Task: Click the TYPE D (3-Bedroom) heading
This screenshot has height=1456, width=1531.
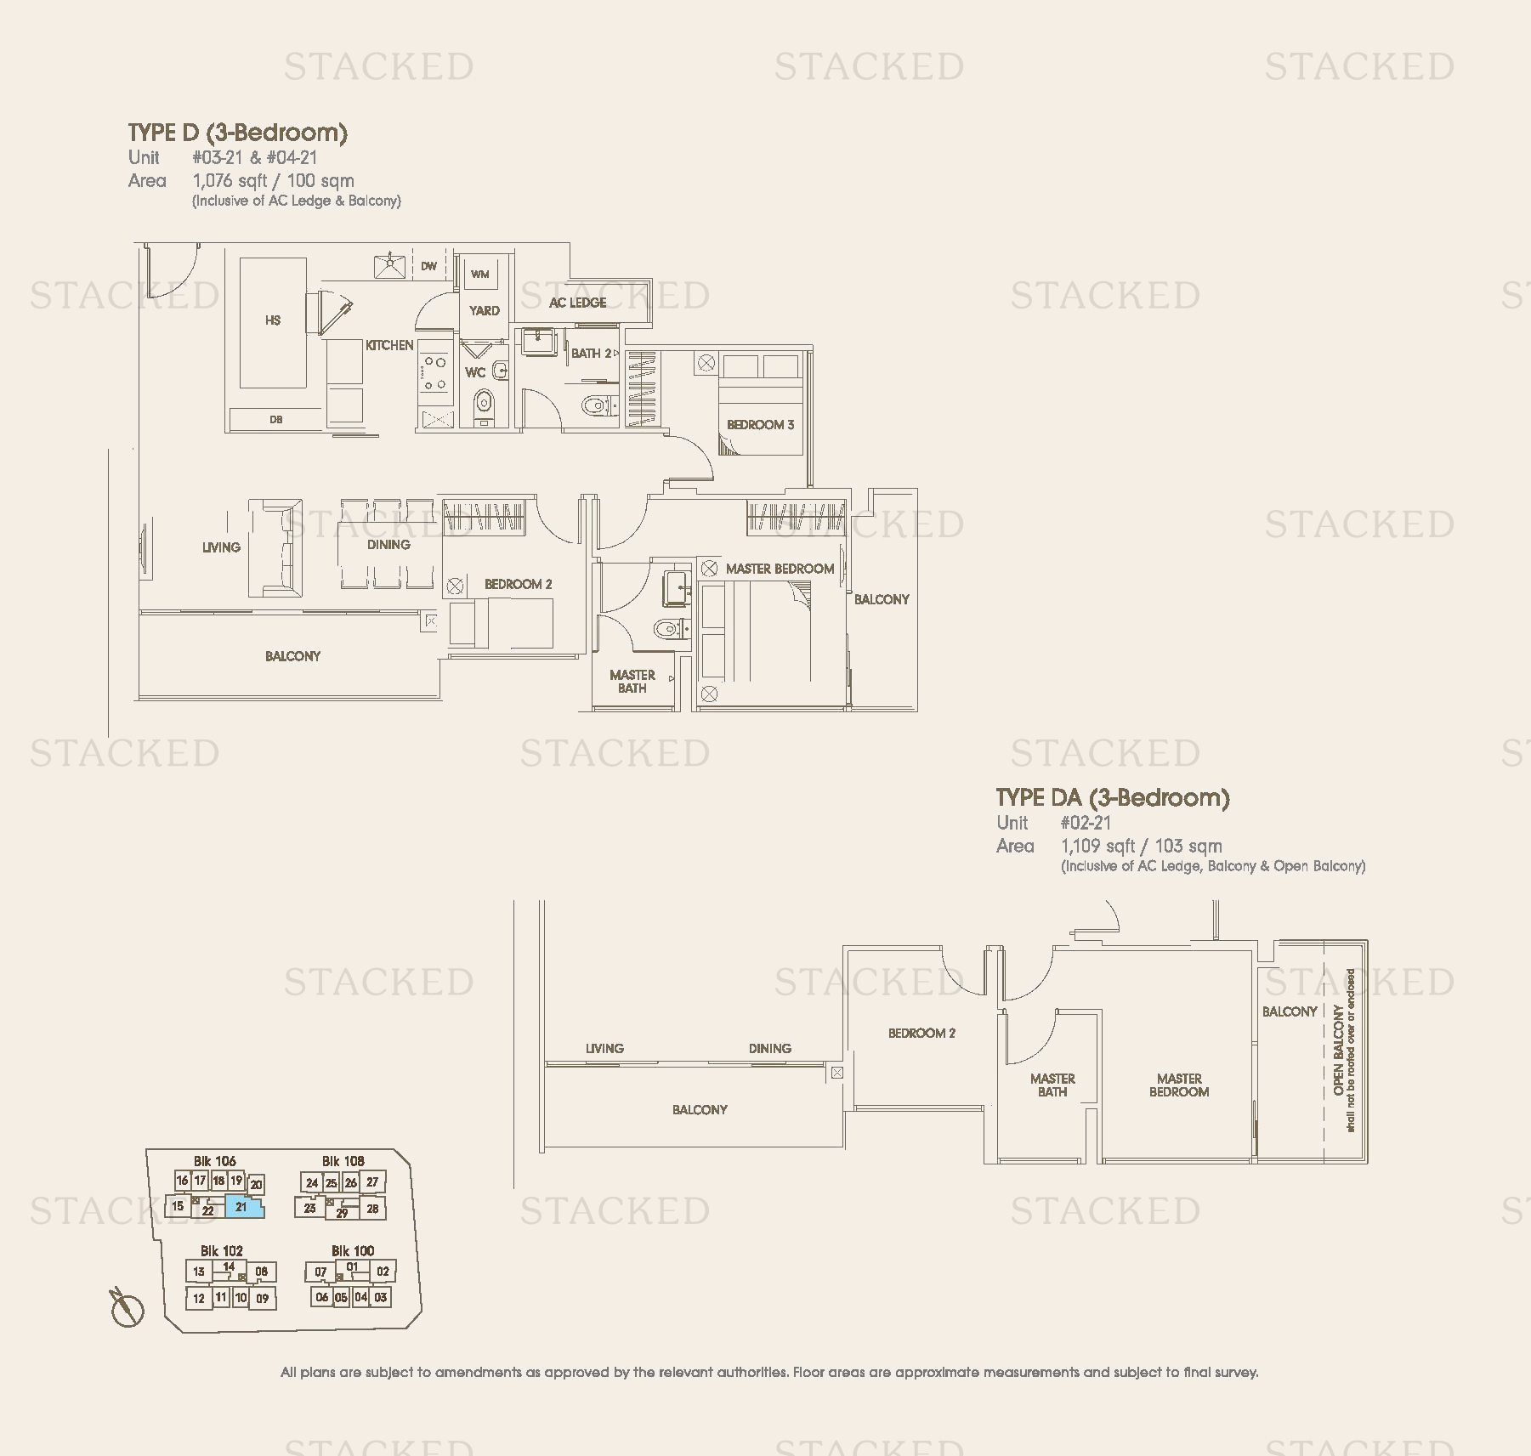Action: coord(237,133)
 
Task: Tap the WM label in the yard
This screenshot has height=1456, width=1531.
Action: coord(479,274)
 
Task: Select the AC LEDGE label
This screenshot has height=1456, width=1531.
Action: coord(577,303)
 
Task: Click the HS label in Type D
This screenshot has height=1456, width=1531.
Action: coord(273,320)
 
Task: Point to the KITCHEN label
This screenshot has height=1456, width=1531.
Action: coord(389,345)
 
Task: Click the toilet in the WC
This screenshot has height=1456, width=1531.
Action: coord(483,402)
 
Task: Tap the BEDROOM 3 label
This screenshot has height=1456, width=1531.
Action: coord(760,424)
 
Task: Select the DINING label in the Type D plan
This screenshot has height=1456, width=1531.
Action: coord(388,545)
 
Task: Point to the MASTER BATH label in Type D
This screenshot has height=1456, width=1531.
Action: coord(632,682)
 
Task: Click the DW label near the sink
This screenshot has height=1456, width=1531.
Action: coord(428,266)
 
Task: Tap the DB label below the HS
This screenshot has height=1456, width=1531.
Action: coord(275,420)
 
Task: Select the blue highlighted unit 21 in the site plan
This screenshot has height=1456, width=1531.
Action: coord(244,1206)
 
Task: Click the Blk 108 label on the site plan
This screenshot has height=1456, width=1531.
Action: coord(343,1161)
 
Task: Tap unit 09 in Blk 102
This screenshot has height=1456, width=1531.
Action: coord(262,1298)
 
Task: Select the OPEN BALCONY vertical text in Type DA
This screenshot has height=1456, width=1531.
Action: coord(1339,1051)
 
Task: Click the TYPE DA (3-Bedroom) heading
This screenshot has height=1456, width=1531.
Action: coord(1112,798)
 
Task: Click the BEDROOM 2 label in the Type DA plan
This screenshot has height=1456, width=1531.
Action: coord(921,1034)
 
